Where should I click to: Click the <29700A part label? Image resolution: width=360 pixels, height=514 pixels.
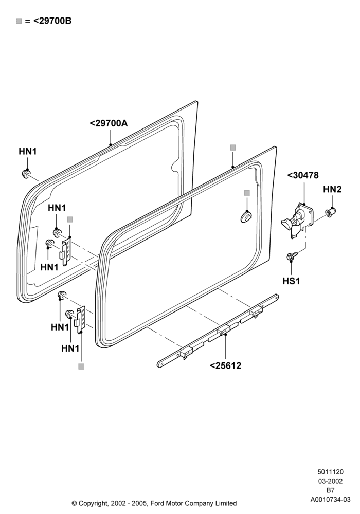[x=109, y=123]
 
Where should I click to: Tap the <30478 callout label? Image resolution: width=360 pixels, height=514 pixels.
[x=303, y=175]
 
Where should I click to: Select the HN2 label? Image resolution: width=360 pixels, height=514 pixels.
[x=332, y=189]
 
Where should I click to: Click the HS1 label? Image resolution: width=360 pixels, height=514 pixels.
[x=291, y=281]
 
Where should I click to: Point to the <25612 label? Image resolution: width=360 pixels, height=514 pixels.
[x=226, y=365]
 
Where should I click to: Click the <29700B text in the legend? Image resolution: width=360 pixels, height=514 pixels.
[x=52, y=21]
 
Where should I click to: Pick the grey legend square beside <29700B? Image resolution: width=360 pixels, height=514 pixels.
[x=19, y=21]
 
